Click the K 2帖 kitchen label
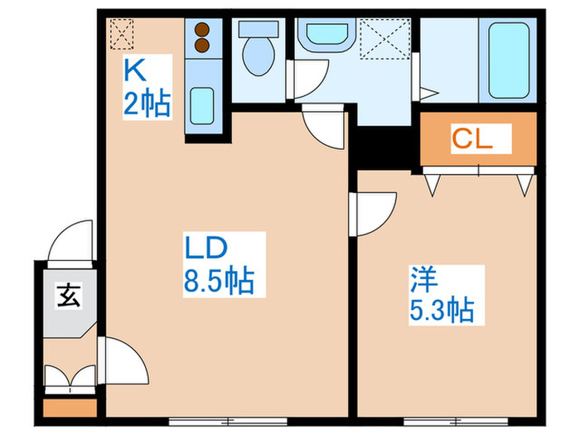[147, 87]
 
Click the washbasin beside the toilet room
[328, 36]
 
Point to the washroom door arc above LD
[323, 127]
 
